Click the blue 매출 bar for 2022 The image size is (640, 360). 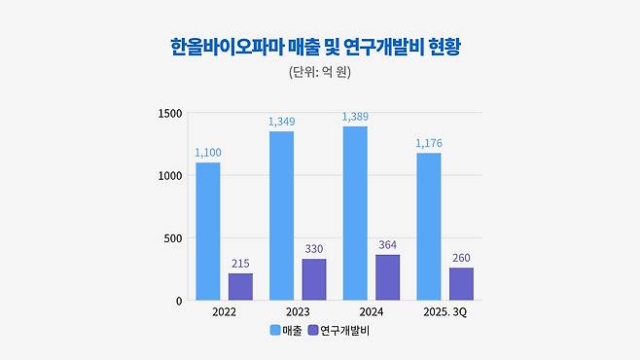[x=207, y=232]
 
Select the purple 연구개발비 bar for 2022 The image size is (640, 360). [x=240, y=286]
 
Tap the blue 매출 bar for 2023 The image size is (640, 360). [x=280, y=216]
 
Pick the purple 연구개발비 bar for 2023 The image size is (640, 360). [x=313, y=279]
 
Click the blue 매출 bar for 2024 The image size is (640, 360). [x=354, y=213]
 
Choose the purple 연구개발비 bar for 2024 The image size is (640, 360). [x=387, y=277]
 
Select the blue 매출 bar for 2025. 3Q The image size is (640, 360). [x=428, y=227]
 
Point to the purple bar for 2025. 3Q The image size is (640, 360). [x=461, y=283]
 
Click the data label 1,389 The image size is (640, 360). [x=354, y=117]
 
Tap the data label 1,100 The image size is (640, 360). [x=207, y=153]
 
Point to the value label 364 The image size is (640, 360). [x=387, y=245]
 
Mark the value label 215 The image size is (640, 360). [x=240, y=264]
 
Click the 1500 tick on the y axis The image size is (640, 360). [x=170, y=113]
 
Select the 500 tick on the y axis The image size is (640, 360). [x=172, y=238]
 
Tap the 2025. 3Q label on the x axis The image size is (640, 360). [x=444, y=312]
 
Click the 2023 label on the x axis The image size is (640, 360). [x=297, y=312]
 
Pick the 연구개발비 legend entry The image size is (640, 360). [x=340, y=331]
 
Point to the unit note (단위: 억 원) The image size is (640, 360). [x=320, y=74]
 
